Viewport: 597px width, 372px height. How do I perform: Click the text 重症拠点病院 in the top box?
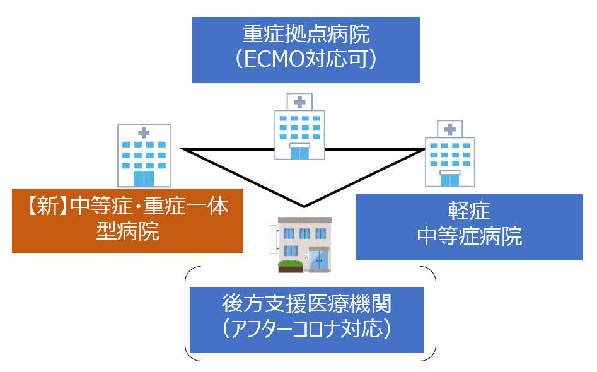click(306, 34)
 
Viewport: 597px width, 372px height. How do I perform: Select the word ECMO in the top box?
click(274, 59)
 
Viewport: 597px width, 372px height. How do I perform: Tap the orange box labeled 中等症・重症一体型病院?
click(127, 221)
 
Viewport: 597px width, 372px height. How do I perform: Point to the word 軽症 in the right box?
click(468, 211)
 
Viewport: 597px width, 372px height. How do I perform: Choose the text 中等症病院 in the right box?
click(469, 236)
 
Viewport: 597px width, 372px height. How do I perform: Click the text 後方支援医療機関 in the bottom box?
click(306, 303)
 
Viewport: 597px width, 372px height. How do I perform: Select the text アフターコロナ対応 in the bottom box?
click(306, 328)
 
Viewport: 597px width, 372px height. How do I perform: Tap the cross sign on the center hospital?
click(299, 102)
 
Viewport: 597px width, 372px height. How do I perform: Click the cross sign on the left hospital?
click(144, 133)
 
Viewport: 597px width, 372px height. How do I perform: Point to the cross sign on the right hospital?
click(450, 129)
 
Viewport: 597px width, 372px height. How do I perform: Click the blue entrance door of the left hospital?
click(144, 179)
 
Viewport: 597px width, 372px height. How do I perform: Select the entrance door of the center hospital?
click(299, 153)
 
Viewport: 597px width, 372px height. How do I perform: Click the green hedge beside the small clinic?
click(291, 264)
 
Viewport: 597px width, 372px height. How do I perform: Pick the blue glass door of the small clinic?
click(319, 260)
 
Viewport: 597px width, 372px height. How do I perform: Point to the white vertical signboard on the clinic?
click(274, 240)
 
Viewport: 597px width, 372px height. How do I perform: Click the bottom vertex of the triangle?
click(304, 207)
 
